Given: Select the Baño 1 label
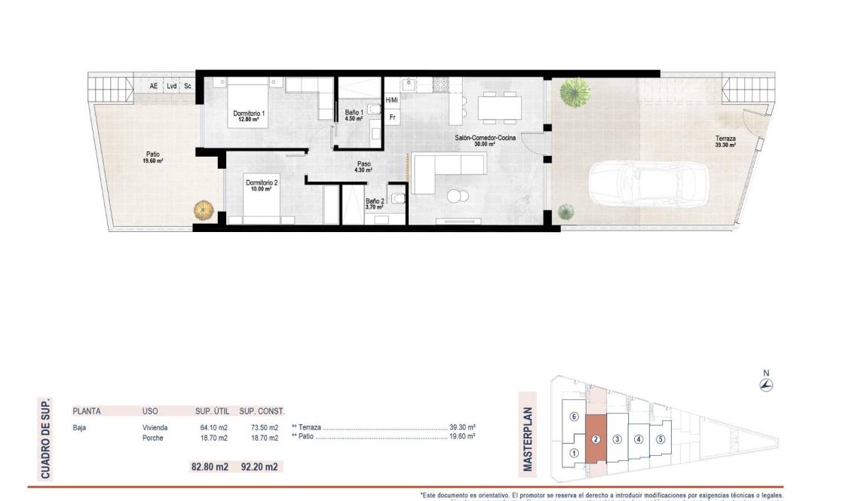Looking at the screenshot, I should pos(354,115).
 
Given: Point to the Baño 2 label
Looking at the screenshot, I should pos(375,203).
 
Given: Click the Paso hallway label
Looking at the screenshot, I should pos(363,166).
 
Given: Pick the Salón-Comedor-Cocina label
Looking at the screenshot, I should pos(485,140).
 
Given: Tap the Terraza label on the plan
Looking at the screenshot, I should pos(725,142).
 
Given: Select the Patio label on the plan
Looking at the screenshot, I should pos(152,157).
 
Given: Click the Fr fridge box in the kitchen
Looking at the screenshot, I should pos(392,118).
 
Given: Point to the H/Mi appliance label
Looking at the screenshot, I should pos(392,100).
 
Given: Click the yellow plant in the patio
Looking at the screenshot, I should pos(202,209).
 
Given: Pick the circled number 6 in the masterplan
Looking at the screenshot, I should pos(574,417).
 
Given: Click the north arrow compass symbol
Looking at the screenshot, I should pos(766,385).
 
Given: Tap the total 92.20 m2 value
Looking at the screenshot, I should pos(259,466).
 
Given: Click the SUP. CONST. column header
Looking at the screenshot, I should pos(262,411).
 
